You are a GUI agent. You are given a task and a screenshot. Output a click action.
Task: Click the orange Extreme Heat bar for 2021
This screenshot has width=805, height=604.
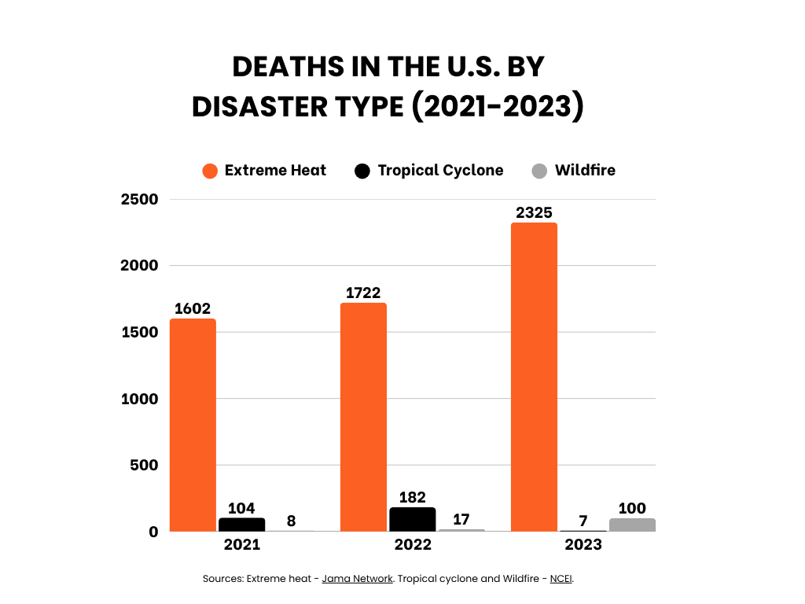coord(193,425)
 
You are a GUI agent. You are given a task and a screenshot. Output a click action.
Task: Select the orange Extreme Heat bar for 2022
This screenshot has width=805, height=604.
coord(363,417)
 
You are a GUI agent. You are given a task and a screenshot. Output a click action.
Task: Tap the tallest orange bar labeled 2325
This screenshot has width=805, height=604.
coord(534,377)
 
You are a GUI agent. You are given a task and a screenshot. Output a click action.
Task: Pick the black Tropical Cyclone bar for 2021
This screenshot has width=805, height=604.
coord(241,525)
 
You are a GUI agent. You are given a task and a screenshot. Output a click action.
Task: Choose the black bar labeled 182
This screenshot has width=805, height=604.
coord(412,520)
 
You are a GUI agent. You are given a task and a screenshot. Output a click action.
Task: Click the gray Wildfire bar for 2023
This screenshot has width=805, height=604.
coord(632,525)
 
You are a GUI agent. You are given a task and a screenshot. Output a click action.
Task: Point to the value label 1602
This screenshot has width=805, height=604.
coord(193,308)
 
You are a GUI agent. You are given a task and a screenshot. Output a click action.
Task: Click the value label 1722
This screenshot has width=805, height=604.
coord(363,293)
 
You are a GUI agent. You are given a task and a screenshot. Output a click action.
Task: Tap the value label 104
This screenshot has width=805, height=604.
coord(241,508)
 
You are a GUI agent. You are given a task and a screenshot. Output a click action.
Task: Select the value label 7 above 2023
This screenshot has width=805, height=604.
coord(582,521)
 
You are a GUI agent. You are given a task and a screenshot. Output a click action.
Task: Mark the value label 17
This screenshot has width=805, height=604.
coord(461,520)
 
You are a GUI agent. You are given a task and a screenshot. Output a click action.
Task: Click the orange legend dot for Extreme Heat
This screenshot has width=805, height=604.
coord(210,171)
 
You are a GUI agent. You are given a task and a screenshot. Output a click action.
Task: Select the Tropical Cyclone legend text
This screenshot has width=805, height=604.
coord(440,171)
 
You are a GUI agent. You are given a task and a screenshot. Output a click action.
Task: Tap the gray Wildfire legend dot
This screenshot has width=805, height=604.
coord(539,171)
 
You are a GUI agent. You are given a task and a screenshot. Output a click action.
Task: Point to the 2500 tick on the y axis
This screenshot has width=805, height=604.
coord(140,199)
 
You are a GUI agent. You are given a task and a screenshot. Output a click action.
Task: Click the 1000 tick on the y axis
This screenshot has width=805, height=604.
coord(140,399)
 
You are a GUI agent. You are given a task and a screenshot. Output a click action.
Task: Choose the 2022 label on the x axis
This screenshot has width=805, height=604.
coord(412,544)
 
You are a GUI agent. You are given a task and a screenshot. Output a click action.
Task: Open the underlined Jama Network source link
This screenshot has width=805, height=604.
coord(357,579)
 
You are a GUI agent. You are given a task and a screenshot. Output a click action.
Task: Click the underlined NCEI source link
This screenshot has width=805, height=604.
coord(561,579)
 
